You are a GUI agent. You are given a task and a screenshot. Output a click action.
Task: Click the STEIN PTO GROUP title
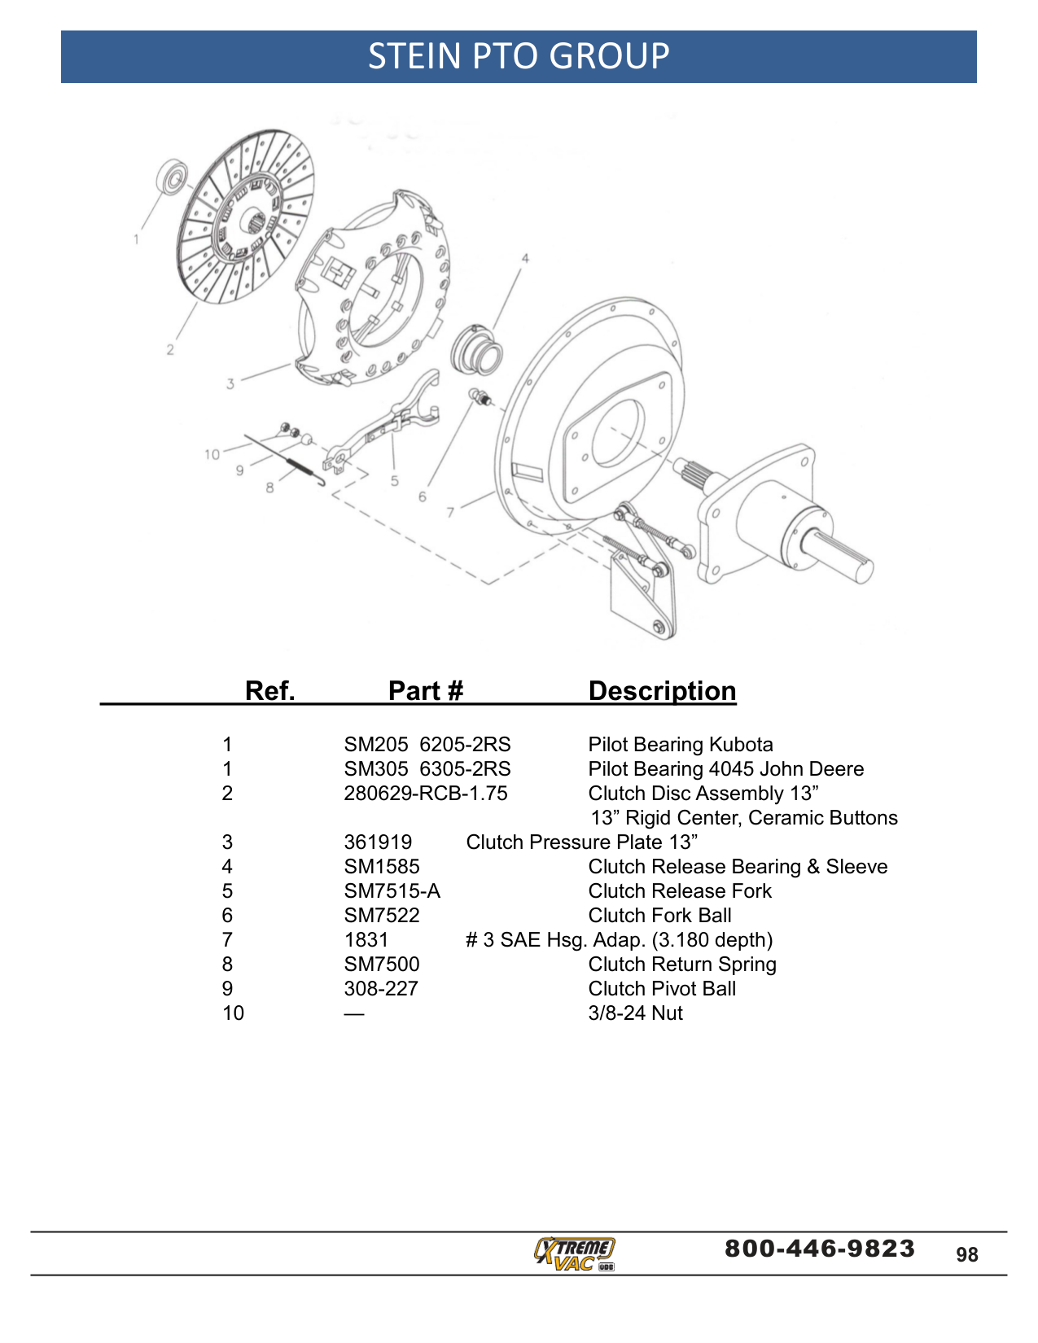[518, 56]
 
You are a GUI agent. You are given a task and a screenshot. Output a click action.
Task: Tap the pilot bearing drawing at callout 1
[172, 177]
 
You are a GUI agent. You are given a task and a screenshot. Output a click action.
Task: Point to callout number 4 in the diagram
[525, 258]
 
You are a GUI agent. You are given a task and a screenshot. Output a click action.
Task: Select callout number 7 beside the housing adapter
[450, 512]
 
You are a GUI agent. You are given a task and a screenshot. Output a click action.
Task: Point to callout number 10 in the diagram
[212, 455]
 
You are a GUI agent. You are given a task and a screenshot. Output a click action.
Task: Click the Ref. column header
[269, 690]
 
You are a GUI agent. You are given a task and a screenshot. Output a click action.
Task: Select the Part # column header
[425, 690]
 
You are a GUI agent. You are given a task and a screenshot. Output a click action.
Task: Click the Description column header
[662, 691]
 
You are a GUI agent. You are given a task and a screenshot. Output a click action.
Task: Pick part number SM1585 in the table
[382, 867]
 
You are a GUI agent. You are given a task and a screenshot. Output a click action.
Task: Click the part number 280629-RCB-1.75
[425, 793]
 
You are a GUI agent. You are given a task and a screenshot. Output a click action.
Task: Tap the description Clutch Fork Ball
[659, 916]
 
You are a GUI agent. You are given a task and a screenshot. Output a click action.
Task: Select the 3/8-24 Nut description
[636, 1013]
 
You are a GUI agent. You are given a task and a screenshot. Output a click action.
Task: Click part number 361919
[378, 842]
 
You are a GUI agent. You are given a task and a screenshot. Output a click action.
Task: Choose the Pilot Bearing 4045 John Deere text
[726, 769]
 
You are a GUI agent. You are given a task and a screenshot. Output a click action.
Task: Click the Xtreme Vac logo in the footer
[574, 1254]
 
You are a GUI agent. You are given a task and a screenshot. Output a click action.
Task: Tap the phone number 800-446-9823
[819, 1249]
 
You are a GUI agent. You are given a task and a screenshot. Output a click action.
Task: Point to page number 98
[967, 1255]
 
